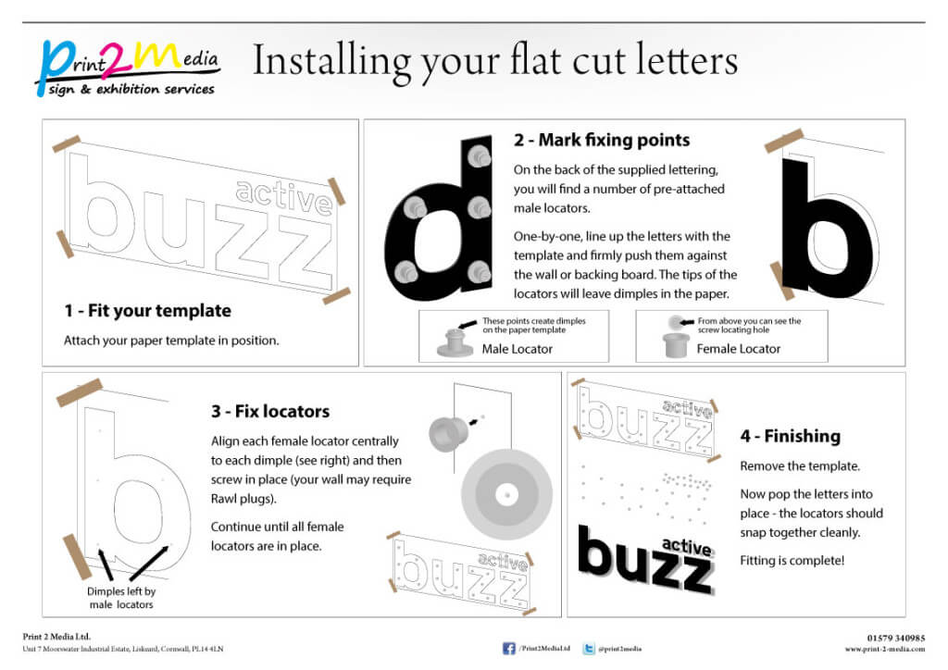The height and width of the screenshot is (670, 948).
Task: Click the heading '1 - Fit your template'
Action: click(x=147, y=311)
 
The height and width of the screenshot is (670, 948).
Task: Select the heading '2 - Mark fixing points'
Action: click(x=602, y=141)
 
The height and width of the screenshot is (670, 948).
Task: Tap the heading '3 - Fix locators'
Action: click(x=270, y=411)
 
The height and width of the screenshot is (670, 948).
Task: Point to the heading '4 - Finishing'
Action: click(x=790, y=436)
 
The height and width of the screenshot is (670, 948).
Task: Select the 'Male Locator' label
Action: click(x=517, y=349)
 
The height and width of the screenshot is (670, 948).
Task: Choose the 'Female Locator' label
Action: click(x=738, y=349)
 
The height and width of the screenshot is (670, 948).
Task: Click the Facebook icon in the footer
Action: click(x=508, y=649)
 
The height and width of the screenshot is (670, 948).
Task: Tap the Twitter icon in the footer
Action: click(x=589, y=649)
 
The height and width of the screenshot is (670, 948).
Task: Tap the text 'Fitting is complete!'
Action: click(x=792, y=561)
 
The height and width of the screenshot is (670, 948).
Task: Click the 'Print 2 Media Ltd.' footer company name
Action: click(x=56, y=637)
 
